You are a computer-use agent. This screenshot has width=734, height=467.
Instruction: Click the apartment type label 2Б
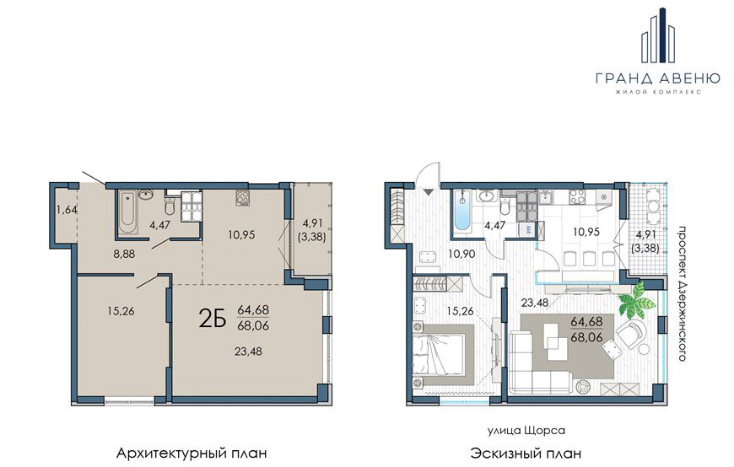pyautogui.click(x=213, y=319)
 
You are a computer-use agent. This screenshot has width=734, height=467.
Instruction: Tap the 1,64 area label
pyautogui.click(x=67, y=210)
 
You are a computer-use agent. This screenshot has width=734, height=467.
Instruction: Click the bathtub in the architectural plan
pyautogui.click(x=127, y=213)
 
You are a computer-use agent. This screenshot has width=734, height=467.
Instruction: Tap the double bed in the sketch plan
pyautogui.click(x=443, y=353)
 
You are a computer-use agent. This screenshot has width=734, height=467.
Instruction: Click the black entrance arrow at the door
pyautogui.click(x=429, y=191)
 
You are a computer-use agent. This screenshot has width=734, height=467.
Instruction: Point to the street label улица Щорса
pyautogui.click(x=526, y=430)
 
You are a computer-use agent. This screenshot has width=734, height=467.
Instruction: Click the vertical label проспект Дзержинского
pyautogui.click(x=683, y=294)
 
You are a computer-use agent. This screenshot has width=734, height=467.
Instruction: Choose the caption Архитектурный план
pyautogui.click(x=192, y=454)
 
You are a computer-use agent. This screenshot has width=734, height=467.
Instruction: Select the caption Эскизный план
pyautogui.click(x=526, y=454)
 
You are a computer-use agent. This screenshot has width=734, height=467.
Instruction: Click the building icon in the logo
pyautogui.click(x=659, y=35)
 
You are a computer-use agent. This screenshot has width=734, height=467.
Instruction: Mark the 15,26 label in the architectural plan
pyautogui.click(x=121, y=311)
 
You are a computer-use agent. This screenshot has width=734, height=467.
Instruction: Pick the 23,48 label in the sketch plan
pyautogui.click(x=536, y=303)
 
